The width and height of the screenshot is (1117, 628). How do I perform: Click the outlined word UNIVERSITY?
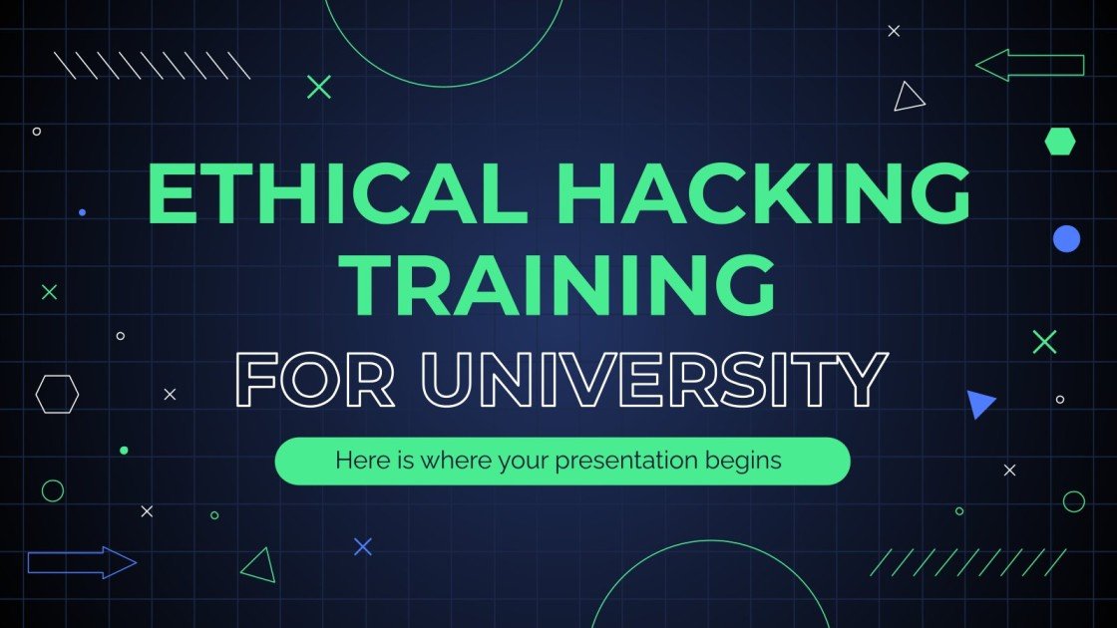click(651, 381)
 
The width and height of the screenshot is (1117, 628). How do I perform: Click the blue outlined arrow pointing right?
click(82, 562)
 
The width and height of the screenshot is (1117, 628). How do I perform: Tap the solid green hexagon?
click(1060, 142)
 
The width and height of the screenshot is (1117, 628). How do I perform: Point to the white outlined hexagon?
click(57, 394)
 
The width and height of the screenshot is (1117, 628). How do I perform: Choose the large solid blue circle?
click(1066, 238)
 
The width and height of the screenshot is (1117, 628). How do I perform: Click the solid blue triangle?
click(979, 403)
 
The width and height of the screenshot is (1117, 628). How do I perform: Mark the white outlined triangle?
click(909, 98)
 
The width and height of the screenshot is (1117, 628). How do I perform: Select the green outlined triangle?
click(259, 565)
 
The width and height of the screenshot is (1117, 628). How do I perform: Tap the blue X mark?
click(363, 546)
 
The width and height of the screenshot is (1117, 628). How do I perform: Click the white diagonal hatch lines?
click(152, 65)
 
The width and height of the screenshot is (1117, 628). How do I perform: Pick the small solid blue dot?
click(82, 212)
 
